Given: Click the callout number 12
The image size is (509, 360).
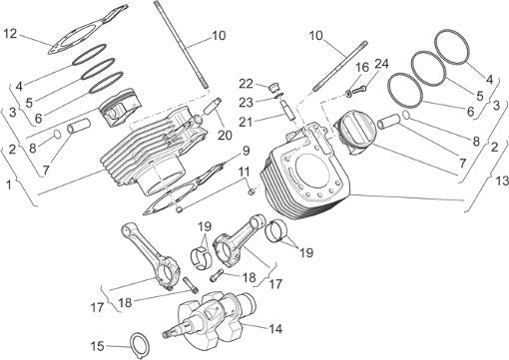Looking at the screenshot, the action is [10, 34].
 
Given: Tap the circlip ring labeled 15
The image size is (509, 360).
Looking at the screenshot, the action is [140, 346].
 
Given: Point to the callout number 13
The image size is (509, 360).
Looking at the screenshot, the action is [502, 181].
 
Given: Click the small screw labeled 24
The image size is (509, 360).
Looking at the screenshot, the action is [358, 89].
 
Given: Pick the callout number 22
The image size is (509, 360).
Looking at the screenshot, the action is [247, 84].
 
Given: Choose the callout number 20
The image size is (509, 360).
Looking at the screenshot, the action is [225, 135].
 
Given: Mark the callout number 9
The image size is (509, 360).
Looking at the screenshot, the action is [246, 151].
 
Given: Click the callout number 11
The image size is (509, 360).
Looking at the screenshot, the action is [245, 172].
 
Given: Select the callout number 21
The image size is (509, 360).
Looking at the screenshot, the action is [247, 122].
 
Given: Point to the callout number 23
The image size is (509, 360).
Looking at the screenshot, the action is [247, 103].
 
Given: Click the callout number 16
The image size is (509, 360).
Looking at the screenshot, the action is [362, 68].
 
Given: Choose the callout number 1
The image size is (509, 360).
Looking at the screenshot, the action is [9, 184].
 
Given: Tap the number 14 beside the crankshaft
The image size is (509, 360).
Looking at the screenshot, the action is [275, 329].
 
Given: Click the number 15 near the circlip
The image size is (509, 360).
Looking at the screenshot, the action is [98, 346].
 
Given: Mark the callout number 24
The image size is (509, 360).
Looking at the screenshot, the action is [381, 64].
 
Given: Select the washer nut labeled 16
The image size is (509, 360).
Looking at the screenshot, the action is [348, 95].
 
